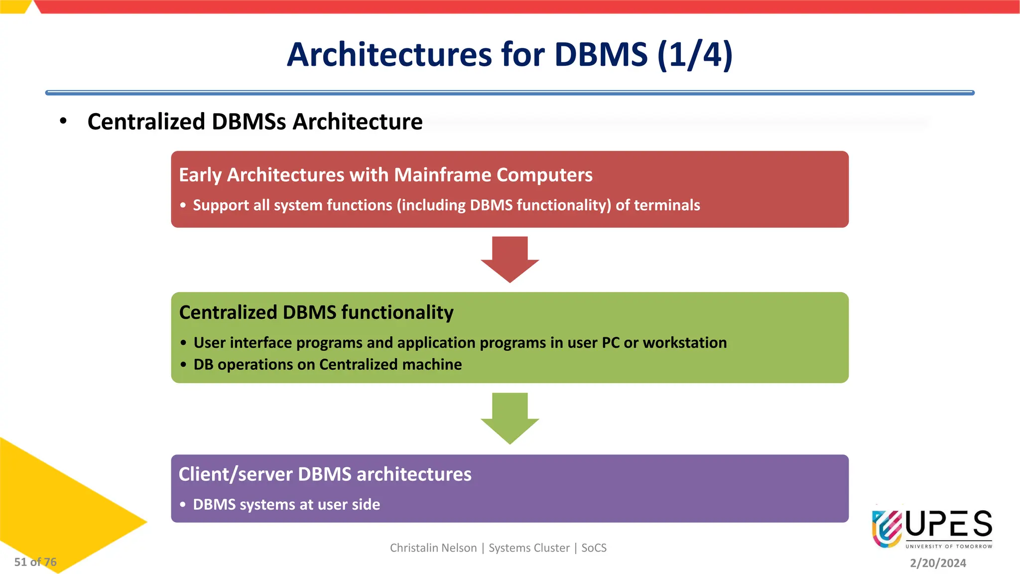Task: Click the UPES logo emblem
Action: pos(887,528)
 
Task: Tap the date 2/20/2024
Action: pos(937,563)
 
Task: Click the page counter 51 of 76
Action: pos(35,562)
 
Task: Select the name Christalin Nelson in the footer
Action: pos(433,548)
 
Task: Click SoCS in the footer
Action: pos(594,548)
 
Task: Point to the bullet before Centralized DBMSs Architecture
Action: pos(63,121)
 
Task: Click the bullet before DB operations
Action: pos(183,365)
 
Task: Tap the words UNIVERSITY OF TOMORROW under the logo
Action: pos(948,547)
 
